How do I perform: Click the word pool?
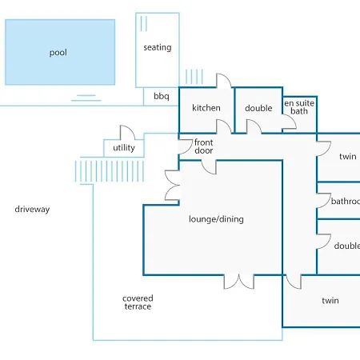(x=58, y=53)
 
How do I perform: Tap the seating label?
(x=158, y=47)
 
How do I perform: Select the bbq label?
(x=162, y=96)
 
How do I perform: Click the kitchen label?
(x=206, y=108)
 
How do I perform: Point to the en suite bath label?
(x=299, y=107)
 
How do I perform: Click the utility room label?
(x=124, y=148)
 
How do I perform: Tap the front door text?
(x=203, y=146)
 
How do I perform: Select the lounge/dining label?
(x=216, y=219)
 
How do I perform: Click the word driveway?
(x=32, y=210)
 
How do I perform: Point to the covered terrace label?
(x=138, y=302)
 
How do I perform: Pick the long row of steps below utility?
(x=110, y=171)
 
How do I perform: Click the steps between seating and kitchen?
(x=194, y=77)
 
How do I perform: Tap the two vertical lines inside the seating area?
(x=143, y=24)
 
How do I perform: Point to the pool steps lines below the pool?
(x=86, y=98)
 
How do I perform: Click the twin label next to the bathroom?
(x=348, y=156)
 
